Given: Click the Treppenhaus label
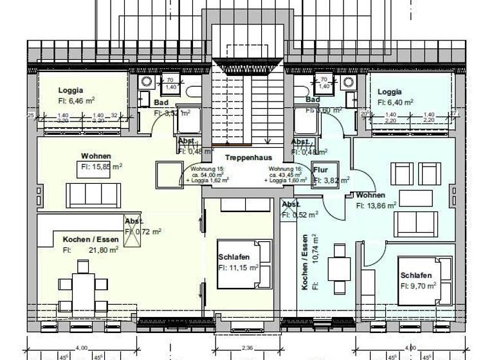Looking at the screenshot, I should coord(248,157).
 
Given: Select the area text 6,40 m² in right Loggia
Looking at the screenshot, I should coord(395,102).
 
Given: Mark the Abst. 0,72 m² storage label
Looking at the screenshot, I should coord(133,221).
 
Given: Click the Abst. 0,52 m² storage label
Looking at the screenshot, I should coord(291,204).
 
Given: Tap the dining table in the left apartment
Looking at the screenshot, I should coord(82,284).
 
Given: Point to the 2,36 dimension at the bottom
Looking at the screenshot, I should coord(247,348).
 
